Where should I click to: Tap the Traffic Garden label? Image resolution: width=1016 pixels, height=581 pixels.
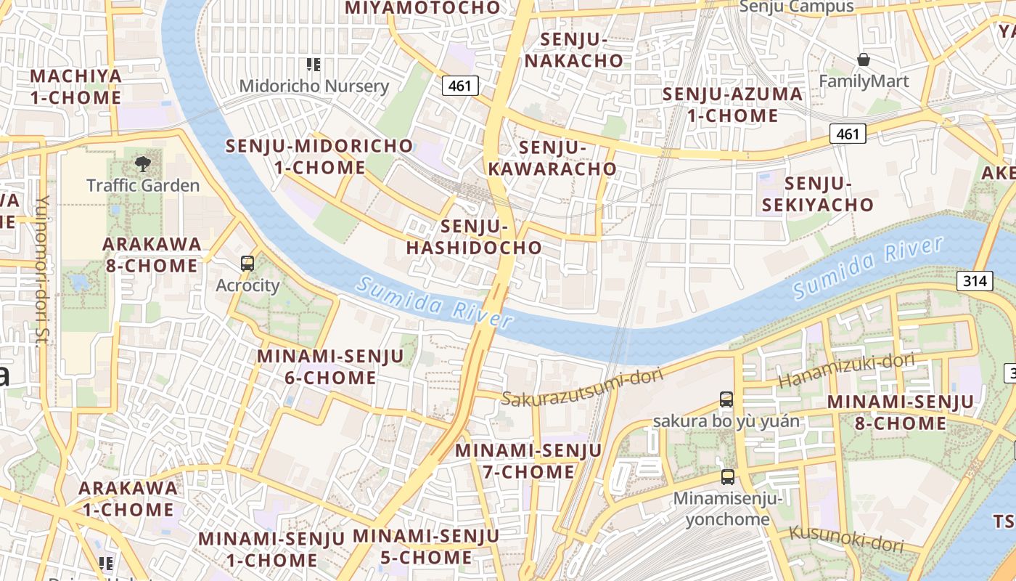143,185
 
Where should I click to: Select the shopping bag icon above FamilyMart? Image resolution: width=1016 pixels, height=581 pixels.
864,59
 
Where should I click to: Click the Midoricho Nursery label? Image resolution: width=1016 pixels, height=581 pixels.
314,86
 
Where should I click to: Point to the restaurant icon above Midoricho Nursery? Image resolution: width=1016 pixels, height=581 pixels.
314,65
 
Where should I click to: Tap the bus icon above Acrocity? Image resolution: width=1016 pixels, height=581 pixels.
247,264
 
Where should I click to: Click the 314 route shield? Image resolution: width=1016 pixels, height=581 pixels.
974,281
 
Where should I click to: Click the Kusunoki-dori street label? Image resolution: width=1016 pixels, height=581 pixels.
846,538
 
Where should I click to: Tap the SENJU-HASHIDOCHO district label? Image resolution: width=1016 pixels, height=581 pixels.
474,237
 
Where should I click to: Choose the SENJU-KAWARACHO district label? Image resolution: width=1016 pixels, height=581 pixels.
552,158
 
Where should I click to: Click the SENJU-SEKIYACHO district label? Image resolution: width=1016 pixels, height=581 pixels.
818,194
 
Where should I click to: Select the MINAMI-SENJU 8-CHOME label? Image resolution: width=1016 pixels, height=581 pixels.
900,412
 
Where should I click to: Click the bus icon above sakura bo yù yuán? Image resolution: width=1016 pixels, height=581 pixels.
726,399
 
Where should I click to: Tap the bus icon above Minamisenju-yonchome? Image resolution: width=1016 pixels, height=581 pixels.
727,477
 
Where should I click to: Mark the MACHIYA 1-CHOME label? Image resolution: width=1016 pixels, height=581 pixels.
75,86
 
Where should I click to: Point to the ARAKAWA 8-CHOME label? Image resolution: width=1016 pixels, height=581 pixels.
151,254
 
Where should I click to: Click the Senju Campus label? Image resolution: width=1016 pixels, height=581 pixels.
797,7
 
